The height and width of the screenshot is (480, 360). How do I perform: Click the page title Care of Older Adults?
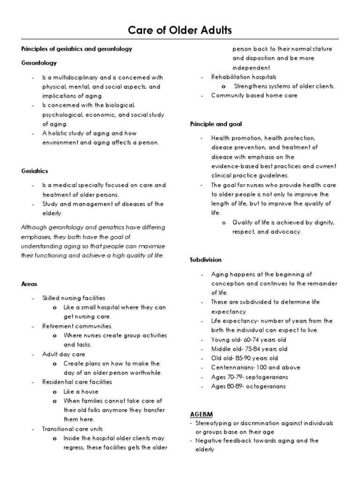pos(180,31)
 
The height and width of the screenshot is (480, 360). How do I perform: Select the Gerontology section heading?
pos(39,62)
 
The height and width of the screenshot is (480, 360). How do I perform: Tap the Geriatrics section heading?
pos(35,171)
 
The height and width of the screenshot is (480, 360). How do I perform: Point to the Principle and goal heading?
pos(216,124)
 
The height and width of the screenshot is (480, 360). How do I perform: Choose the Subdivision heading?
pos(206,260)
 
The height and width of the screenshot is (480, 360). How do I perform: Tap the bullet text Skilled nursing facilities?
pos(74,298)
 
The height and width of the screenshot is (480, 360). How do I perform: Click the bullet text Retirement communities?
pos(77,326)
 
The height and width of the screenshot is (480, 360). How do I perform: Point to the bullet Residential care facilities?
pos(77,382)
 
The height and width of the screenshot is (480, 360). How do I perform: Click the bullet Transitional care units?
pos(73,429)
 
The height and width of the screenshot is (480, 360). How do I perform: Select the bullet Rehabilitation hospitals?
pos(244,77)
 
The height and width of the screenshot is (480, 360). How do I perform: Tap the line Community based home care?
pos(254,96)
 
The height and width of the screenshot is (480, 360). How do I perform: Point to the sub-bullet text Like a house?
pos(81,391)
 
